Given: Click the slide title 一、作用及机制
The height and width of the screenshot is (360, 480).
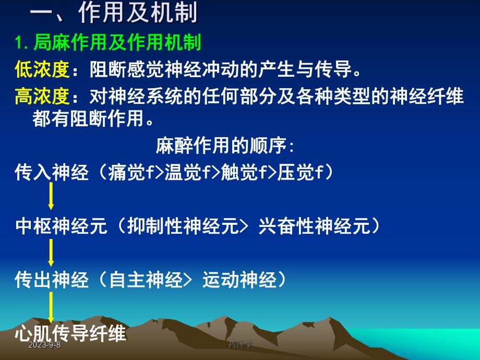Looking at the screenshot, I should (114, 14).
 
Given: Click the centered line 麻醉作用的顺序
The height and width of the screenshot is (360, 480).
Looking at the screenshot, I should (225, 146).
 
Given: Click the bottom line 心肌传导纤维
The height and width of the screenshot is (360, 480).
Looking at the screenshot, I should (71, 332).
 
